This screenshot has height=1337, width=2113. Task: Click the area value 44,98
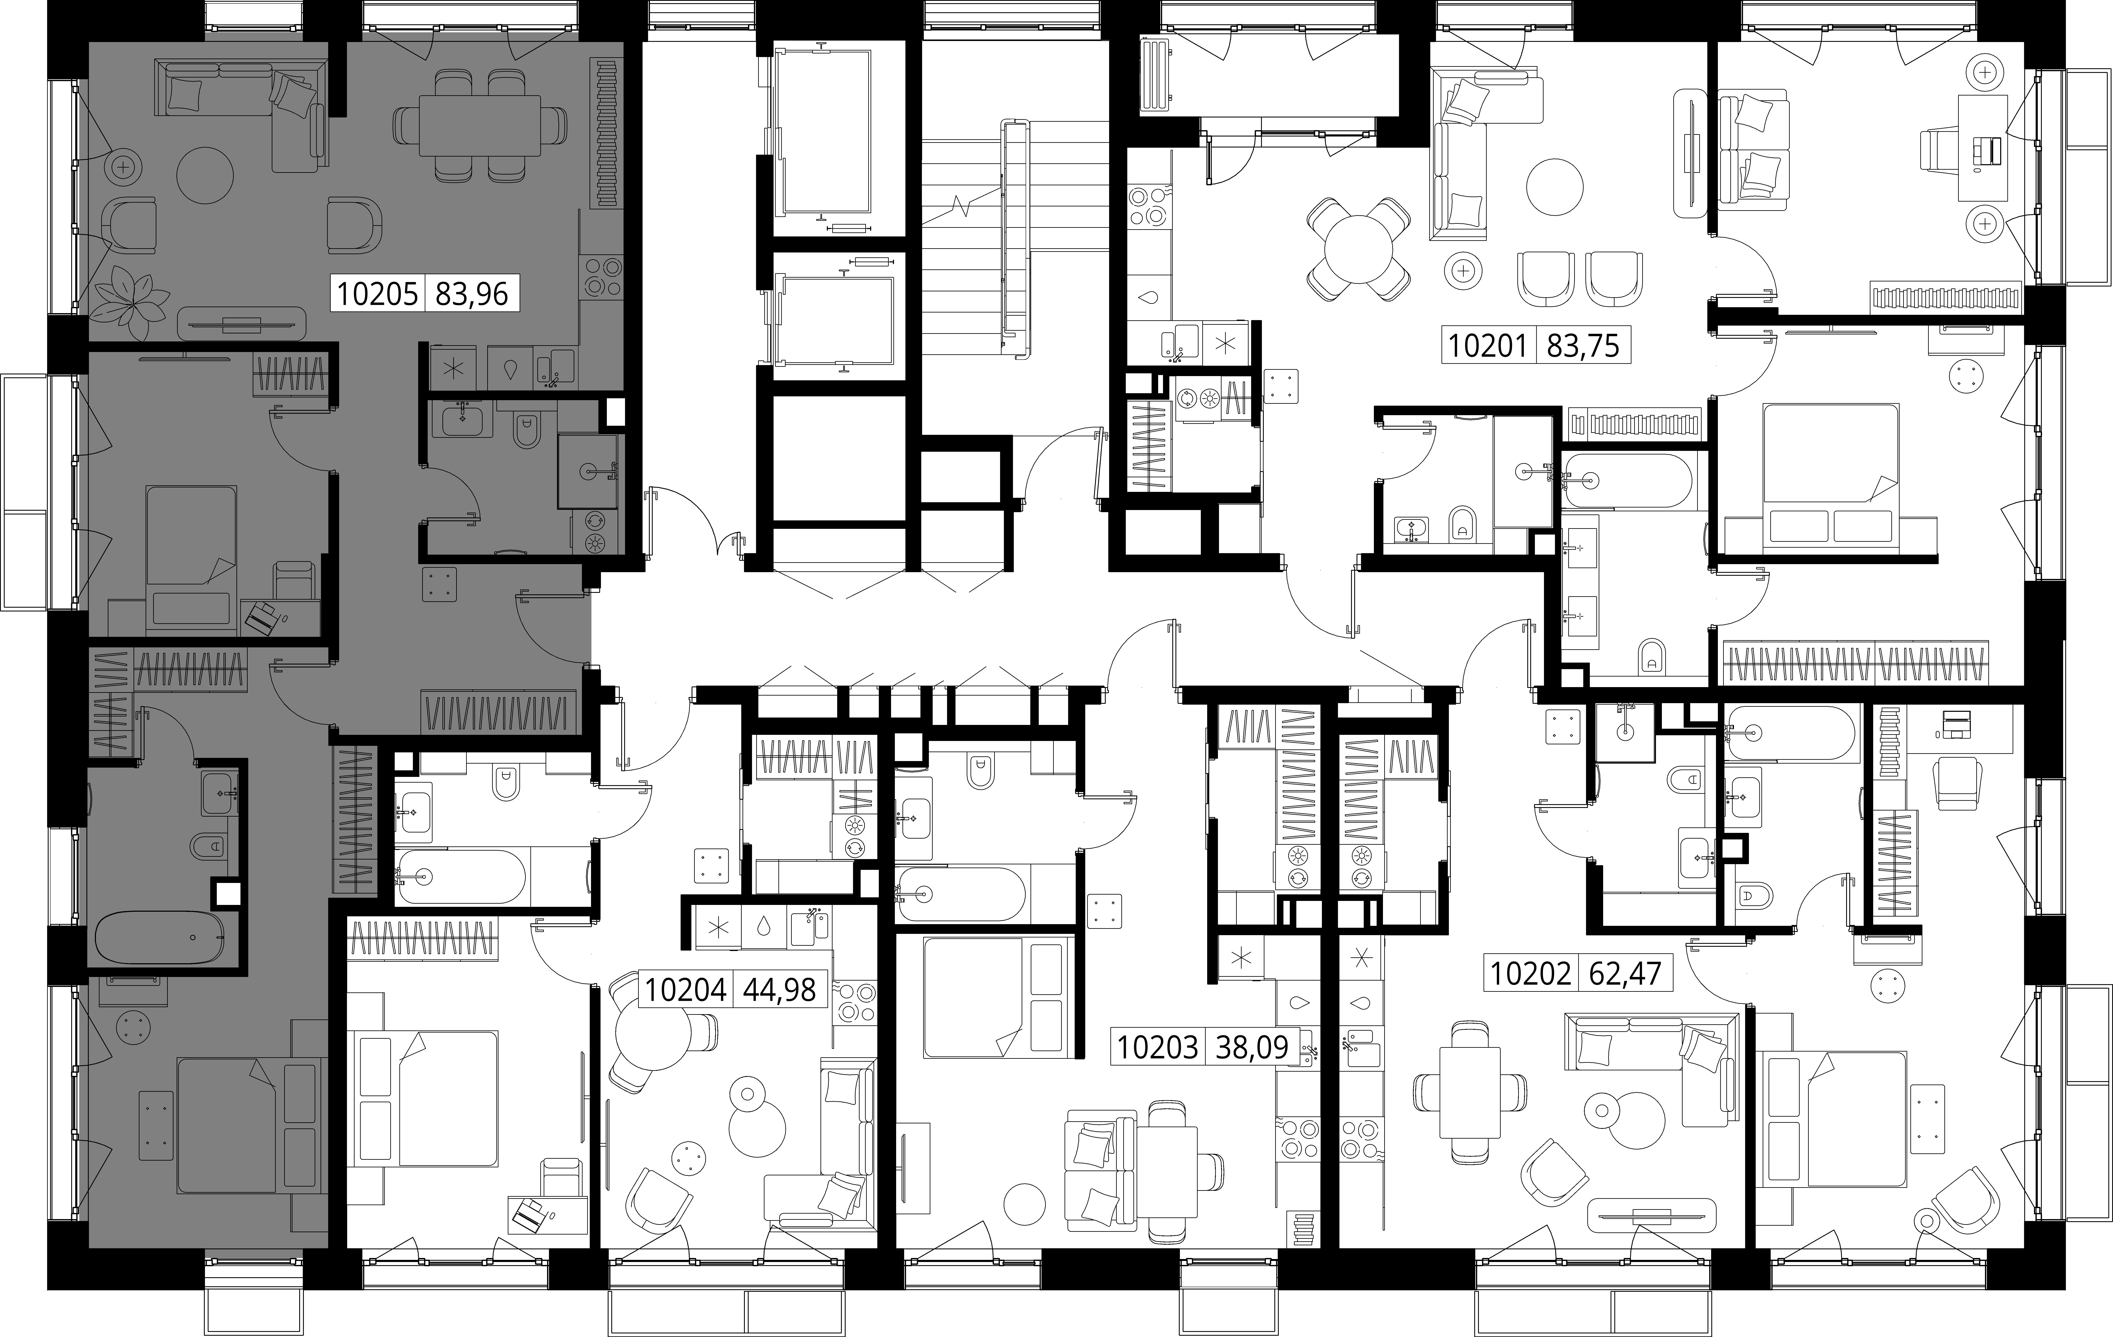[779, 990]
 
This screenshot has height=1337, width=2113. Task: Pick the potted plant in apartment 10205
[132, 298]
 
